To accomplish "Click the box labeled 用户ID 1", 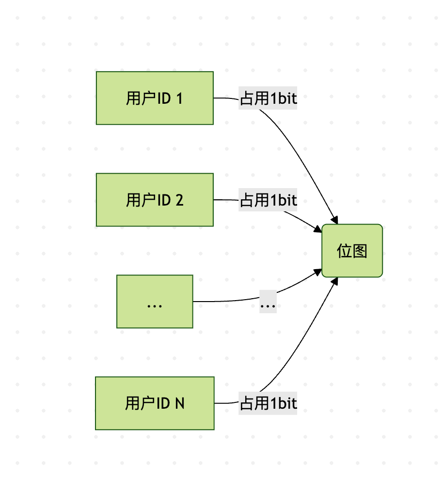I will coord(155,98).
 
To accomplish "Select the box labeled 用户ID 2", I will coord(155,200).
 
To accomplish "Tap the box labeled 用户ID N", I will coord(155,403).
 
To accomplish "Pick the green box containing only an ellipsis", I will coord(155,302).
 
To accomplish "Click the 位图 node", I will coord(352,251).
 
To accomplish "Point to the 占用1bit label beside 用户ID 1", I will coord(268,98).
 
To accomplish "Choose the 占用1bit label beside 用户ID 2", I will coord(268,200).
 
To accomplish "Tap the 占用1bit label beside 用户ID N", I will coord(268,403).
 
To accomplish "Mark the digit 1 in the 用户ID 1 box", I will coord(179,98).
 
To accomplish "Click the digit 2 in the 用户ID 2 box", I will coord(179,200).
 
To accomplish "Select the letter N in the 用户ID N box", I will coord(179,403).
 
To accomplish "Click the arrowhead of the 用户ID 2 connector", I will coord(318,229).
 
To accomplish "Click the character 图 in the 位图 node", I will coord(360,251).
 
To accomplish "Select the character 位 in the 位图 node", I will coord(345,251).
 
